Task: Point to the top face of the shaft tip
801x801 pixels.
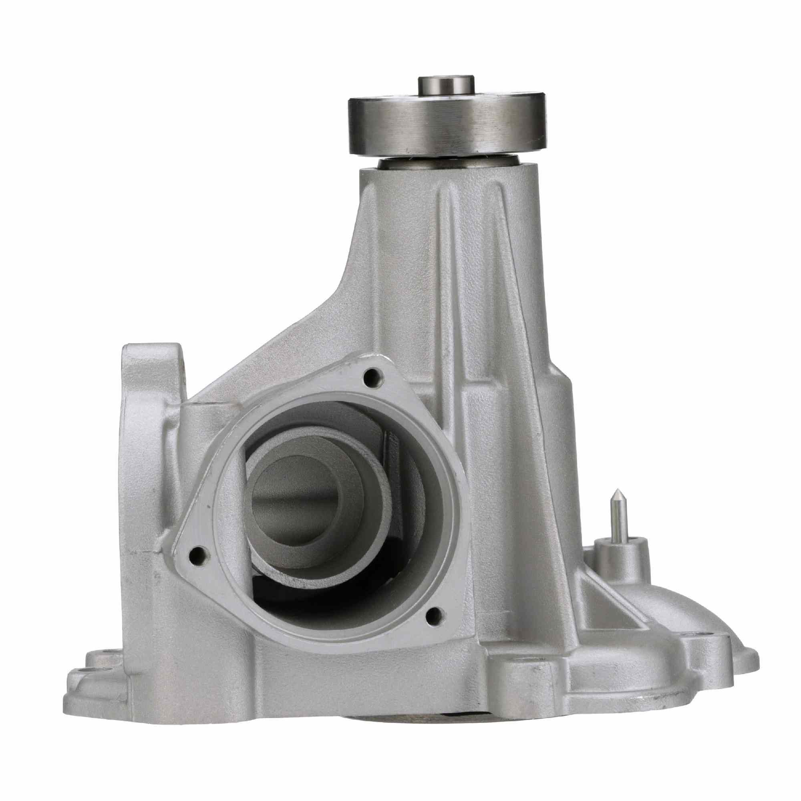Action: (446, 68)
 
